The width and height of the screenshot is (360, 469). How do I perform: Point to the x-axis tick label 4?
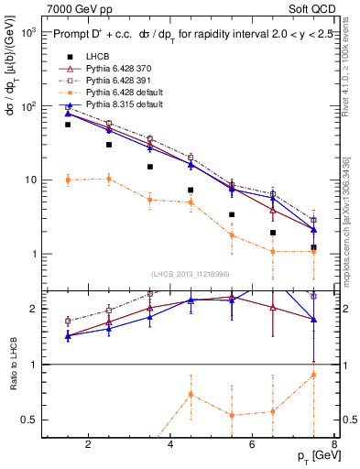[171, 445]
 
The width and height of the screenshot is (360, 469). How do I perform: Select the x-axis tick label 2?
[88, 445]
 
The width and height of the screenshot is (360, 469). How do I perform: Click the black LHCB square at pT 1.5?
[68, 125]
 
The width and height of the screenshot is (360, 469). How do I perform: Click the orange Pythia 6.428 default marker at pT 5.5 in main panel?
[232, 235]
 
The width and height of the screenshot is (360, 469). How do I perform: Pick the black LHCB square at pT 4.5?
[191, 190]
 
